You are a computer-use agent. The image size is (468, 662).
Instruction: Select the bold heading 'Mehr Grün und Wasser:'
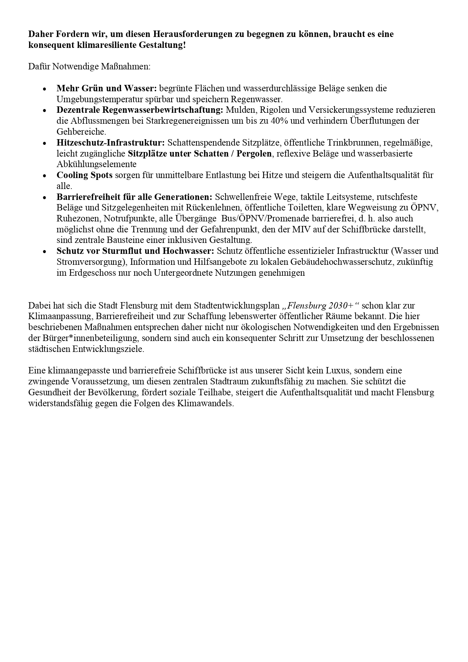coord(106,88)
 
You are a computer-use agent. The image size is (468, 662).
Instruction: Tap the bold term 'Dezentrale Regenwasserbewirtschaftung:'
coord(140,110)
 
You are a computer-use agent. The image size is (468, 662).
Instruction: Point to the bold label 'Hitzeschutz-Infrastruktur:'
coord(110,143)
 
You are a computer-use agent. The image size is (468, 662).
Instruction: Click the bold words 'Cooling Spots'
coord(84,175)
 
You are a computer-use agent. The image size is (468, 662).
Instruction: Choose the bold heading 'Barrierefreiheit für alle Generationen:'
coord(135,197)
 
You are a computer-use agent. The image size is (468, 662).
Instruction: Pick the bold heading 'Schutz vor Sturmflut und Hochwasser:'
coord(135,251)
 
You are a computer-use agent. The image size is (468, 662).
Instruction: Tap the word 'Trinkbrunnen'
coord(354,143)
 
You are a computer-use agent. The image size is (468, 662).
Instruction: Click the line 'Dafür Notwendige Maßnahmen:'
coord(89,67)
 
